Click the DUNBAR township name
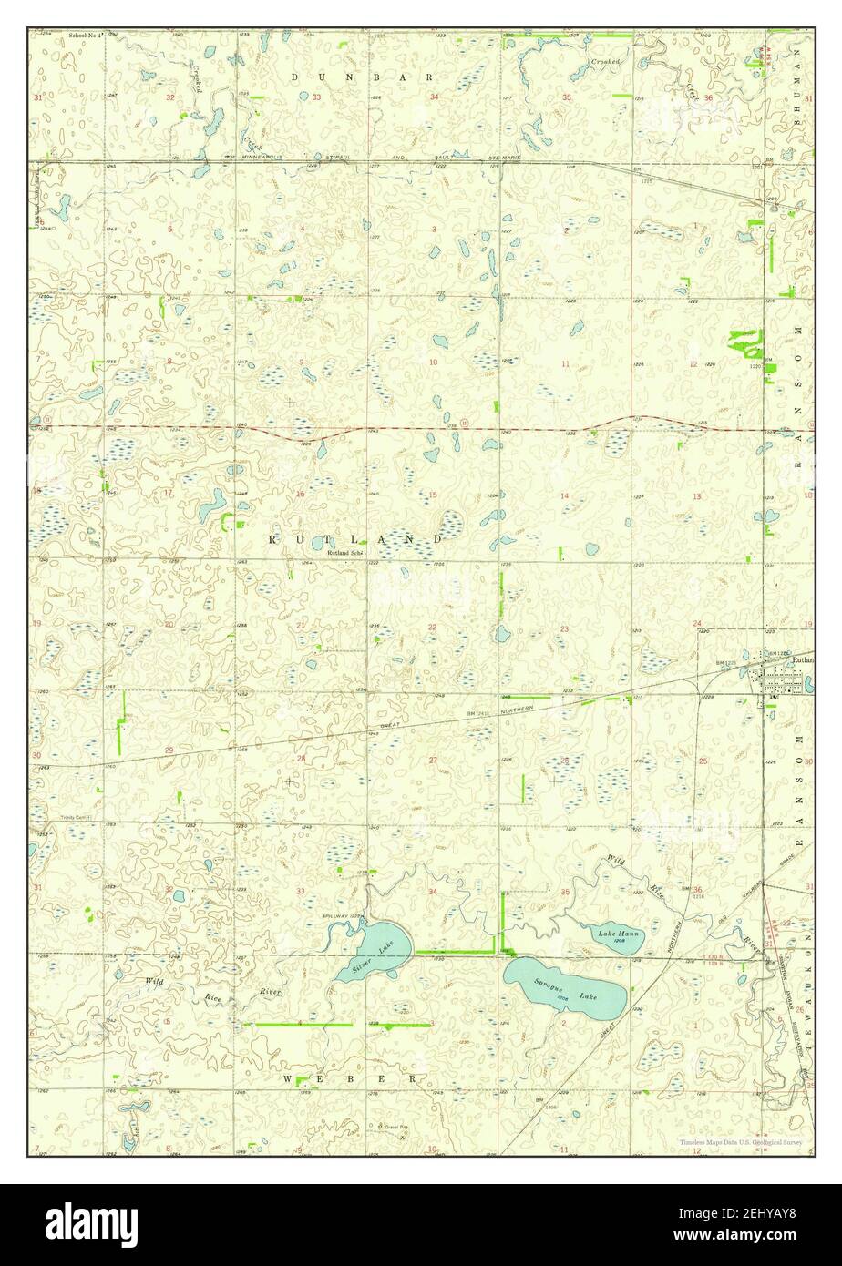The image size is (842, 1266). (x=363, y=77)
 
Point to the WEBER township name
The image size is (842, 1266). (x=349, y=1078)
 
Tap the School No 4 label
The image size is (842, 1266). (x=87, y=36)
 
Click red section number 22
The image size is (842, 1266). (x=432, y=627)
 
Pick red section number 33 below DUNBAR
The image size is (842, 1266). (x=316, y=97)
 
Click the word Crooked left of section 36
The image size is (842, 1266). (x=605, y=61)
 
